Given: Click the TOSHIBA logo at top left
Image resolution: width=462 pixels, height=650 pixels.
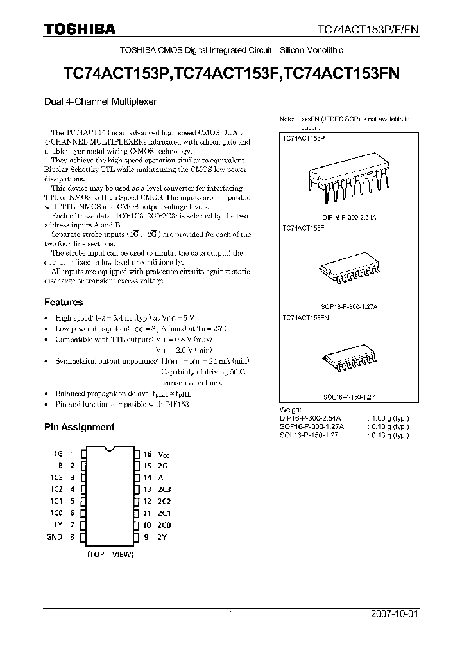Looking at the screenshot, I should [80, 28].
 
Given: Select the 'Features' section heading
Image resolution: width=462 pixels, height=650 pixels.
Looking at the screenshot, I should [64, 302].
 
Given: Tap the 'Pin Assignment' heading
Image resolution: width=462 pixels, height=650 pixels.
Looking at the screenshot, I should [79, 426].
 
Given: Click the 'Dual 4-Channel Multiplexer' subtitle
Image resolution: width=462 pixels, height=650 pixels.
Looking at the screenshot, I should [100, 101].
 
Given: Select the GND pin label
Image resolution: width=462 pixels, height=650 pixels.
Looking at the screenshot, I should [55, 537].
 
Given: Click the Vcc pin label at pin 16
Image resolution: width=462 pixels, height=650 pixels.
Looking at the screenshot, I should [166, 453].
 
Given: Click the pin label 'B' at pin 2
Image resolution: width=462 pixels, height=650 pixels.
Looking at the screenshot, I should [60, 466].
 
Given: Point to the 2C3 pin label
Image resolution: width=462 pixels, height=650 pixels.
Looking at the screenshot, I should [166, 489].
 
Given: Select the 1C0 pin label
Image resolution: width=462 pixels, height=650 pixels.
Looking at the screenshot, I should [56, 513].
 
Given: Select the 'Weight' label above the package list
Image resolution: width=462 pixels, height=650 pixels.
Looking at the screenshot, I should [290, 410].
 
